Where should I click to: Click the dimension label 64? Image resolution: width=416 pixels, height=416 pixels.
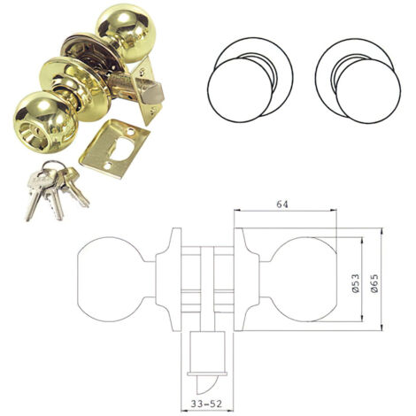click(x=282, y=204)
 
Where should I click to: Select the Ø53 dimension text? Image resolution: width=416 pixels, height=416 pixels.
click(x=356, y=283)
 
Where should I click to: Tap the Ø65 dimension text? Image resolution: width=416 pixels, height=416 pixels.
click(x=374, y=283)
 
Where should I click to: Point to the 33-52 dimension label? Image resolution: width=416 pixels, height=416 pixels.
click(x=206, y=404)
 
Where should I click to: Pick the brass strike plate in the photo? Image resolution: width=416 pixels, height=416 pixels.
click(x=115, y=149)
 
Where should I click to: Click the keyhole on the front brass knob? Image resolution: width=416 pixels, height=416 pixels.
click(x=33, y=136)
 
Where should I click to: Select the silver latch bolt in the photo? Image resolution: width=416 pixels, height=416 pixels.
click(x=152, y=92)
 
